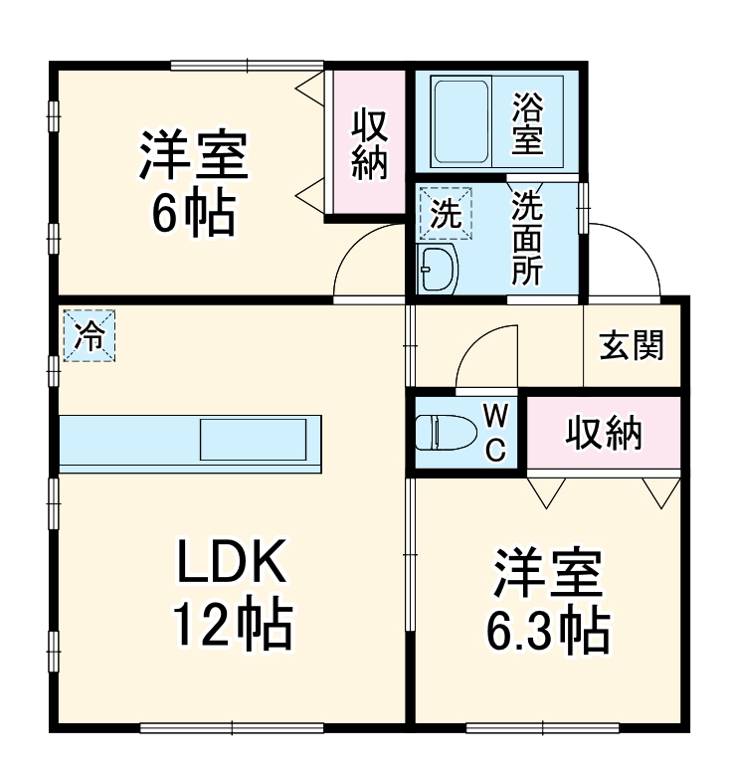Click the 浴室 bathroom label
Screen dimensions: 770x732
pyautogui.click(x=527, y=123)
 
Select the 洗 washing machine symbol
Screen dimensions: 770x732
pyautogui.click(x=446, y=213)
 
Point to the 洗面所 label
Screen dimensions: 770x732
pyautogui.click(x=527, y=238)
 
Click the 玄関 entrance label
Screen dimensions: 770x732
pyautogui.click(x=632, y=346)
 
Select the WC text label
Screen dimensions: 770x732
pyautogui.click(x=495, y=432)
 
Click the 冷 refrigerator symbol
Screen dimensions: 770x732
pyautogui.click(x=90, y=335)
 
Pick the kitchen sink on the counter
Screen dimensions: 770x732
pyautogui.click(x=254, y=438)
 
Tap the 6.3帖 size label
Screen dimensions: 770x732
pyautogui.click(x=546, y=626)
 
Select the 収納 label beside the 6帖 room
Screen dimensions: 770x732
pyautogui.click(x=369, y=144)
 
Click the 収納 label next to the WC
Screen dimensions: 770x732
pyautogui.click(x=604, y=434)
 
